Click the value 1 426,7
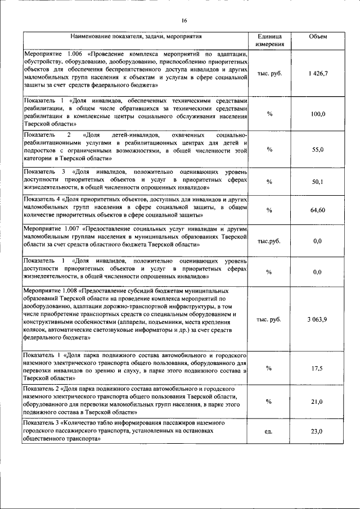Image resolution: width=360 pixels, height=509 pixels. click(x=318, y=74)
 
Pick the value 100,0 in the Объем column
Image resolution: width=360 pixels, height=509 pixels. click(x=318, y=114)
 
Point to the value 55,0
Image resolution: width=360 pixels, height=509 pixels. click(x=318, y=149)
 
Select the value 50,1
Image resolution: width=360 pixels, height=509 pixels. click(x=318, y=182)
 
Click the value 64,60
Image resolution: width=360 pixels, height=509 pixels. click(x=318, y=210)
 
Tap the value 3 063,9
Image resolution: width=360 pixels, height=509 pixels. click(x=318, y=319)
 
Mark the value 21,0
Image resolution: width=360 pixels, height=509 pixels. click(x=318, y=402)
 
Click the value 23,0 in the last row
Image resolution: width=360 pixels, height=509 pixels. click(x=318, y=431)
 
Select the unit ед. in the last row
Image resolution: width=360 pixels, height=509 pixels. click(x=269, y=431)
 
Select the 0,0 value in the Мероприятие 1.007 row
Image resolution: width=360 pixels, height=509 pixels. click(x=318, y=241)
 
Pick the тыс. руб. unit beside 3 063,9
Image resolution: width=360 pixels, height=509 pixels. click(x=269, y=319)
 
